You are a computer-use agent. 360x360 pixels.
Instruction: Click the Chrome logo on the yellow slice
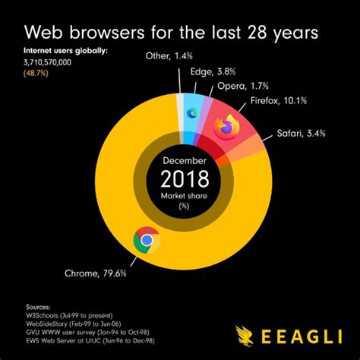[x=147, y=241]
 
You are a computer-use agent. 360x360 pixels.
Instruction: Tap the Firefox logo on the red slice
[x=226, y=127]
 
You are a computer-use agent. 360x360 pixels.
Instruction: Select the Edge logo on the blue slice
[x=192, y=113]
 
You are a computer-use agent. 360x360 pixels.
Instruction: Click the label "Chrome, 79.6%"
[x=96, y=273]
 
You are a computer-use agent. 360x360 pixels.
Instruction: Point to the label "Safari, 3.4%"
[x=301, y=133]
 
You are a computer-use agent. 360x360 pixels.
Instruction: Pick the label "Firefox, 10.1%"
[x=279, y=101]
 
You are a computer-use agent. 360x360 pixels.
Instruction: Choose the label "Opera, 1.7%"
[x=243, y=86]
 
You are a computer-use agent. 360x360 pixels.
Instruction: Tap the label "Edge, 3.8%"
[x=213, y=71]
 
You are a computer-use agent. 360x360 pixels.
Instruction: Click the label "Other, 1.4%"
[x=169, y=55]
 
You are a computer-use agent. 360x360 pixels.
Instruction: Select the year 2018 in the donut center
[x=185, y=178]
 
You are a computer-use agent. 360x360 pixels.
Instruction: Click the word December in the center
[x=185, y=161]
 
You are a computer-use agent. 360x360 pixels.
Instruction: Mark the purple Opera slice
[x=203, y=119]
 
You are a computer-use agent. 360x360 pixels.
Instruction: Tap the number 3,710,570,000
[x=47, y=62]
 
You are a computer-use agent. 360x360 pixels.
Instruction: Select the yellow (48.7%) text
[x=36, y=74]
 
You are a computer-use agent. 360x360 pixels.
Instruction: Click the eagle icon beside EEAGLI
[x=244, y=336]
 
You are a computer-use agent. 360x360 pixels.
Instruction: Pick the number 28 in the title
[x=257, y=33]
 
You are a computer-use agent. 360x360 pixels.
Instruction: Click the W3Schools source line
[x=69, y=316]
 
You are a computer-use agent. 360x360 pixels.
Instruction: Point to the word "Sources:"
[x=38, y=308]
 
